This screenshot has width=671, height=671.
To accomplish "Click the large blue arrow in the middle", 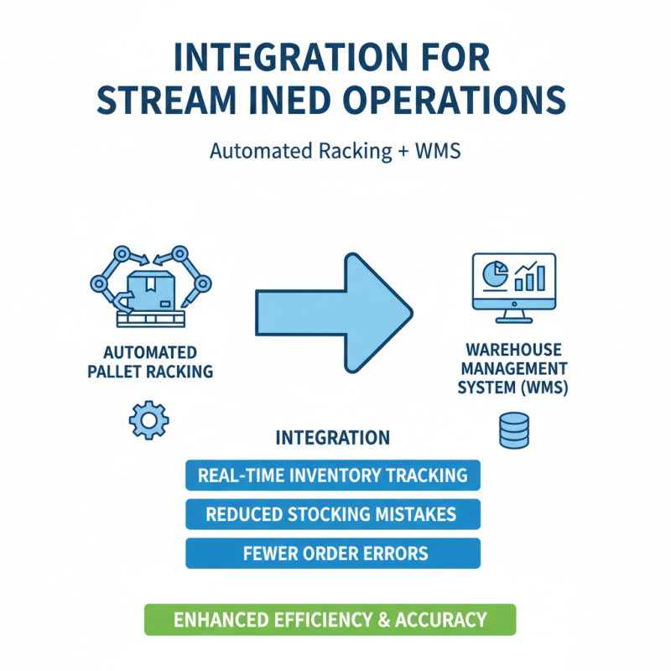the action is pyautogui.click(x=334, y=313).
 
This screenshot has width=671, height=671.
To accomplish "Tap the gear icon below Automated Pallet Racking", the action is pyautogui.click(x=149, y=420).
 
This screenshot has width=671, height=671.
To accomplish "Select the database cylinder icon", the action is pyautogui.click(x=514, y=430).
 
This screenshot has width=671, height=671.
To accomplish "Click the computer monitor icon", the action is pyautogui.click(x=514, y=288).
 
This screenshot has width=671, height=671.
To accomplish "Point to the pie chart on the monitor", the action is pyautogui.click(x=495, y=274).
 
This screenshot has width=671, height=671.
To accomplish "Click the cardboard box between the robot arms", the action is pyautogui.click(x=152, y=290).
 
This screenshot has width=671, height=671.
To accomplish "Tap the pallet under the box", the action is pyautogui.click(x=151, y=320).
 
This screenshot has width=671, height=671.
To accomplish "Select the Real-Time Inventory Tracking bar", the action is pyautogui.click(x=333, y=475).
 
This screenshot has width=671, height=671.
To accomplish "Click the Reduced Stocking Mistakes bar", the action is pyautogui.click(x=333, y=514).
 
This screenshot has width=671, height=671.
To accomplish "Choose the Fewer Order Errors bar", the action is pyautogui.click(x=333, y=554).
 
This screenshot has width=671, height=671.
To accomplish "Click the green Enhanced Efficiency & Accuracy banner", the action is pyautogui.click(x=330, y=620).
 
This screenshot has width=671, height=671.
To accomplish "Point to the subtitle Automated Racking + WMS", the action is pyautogui.click(x=335, y=151).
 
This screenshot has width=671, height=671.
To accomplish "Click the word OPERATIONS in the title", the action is pyautogui.click(x=455, y=100).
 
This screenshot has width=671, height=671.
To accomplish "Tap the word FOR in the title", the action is pyautogui.click(x=455, y=57).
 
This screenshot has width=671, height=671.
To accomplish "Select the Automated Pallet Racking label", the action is pyautogui.click(x=150, y=362).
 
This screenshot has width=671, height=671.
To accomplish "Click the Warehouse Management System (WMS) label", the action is pyautogui.click(x=513, y=368).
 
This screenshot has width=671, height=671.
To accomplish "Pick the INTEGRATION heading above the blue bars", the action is pyautogui.click(x=332, y=438).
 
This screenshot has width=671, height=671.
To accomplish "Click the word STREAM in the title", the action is pyautogui.click(x=166, y=100).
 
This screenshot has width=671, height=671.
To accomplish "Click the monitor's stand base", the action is pyautogui.click(x=514, y=320).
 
